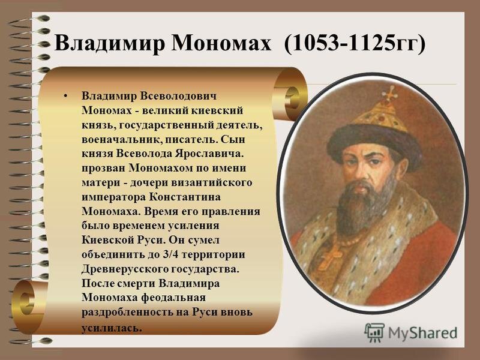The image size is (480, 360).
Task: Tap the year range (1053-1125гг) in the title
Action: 355,44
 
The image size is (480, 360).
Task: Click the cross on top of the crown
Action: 391,93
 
